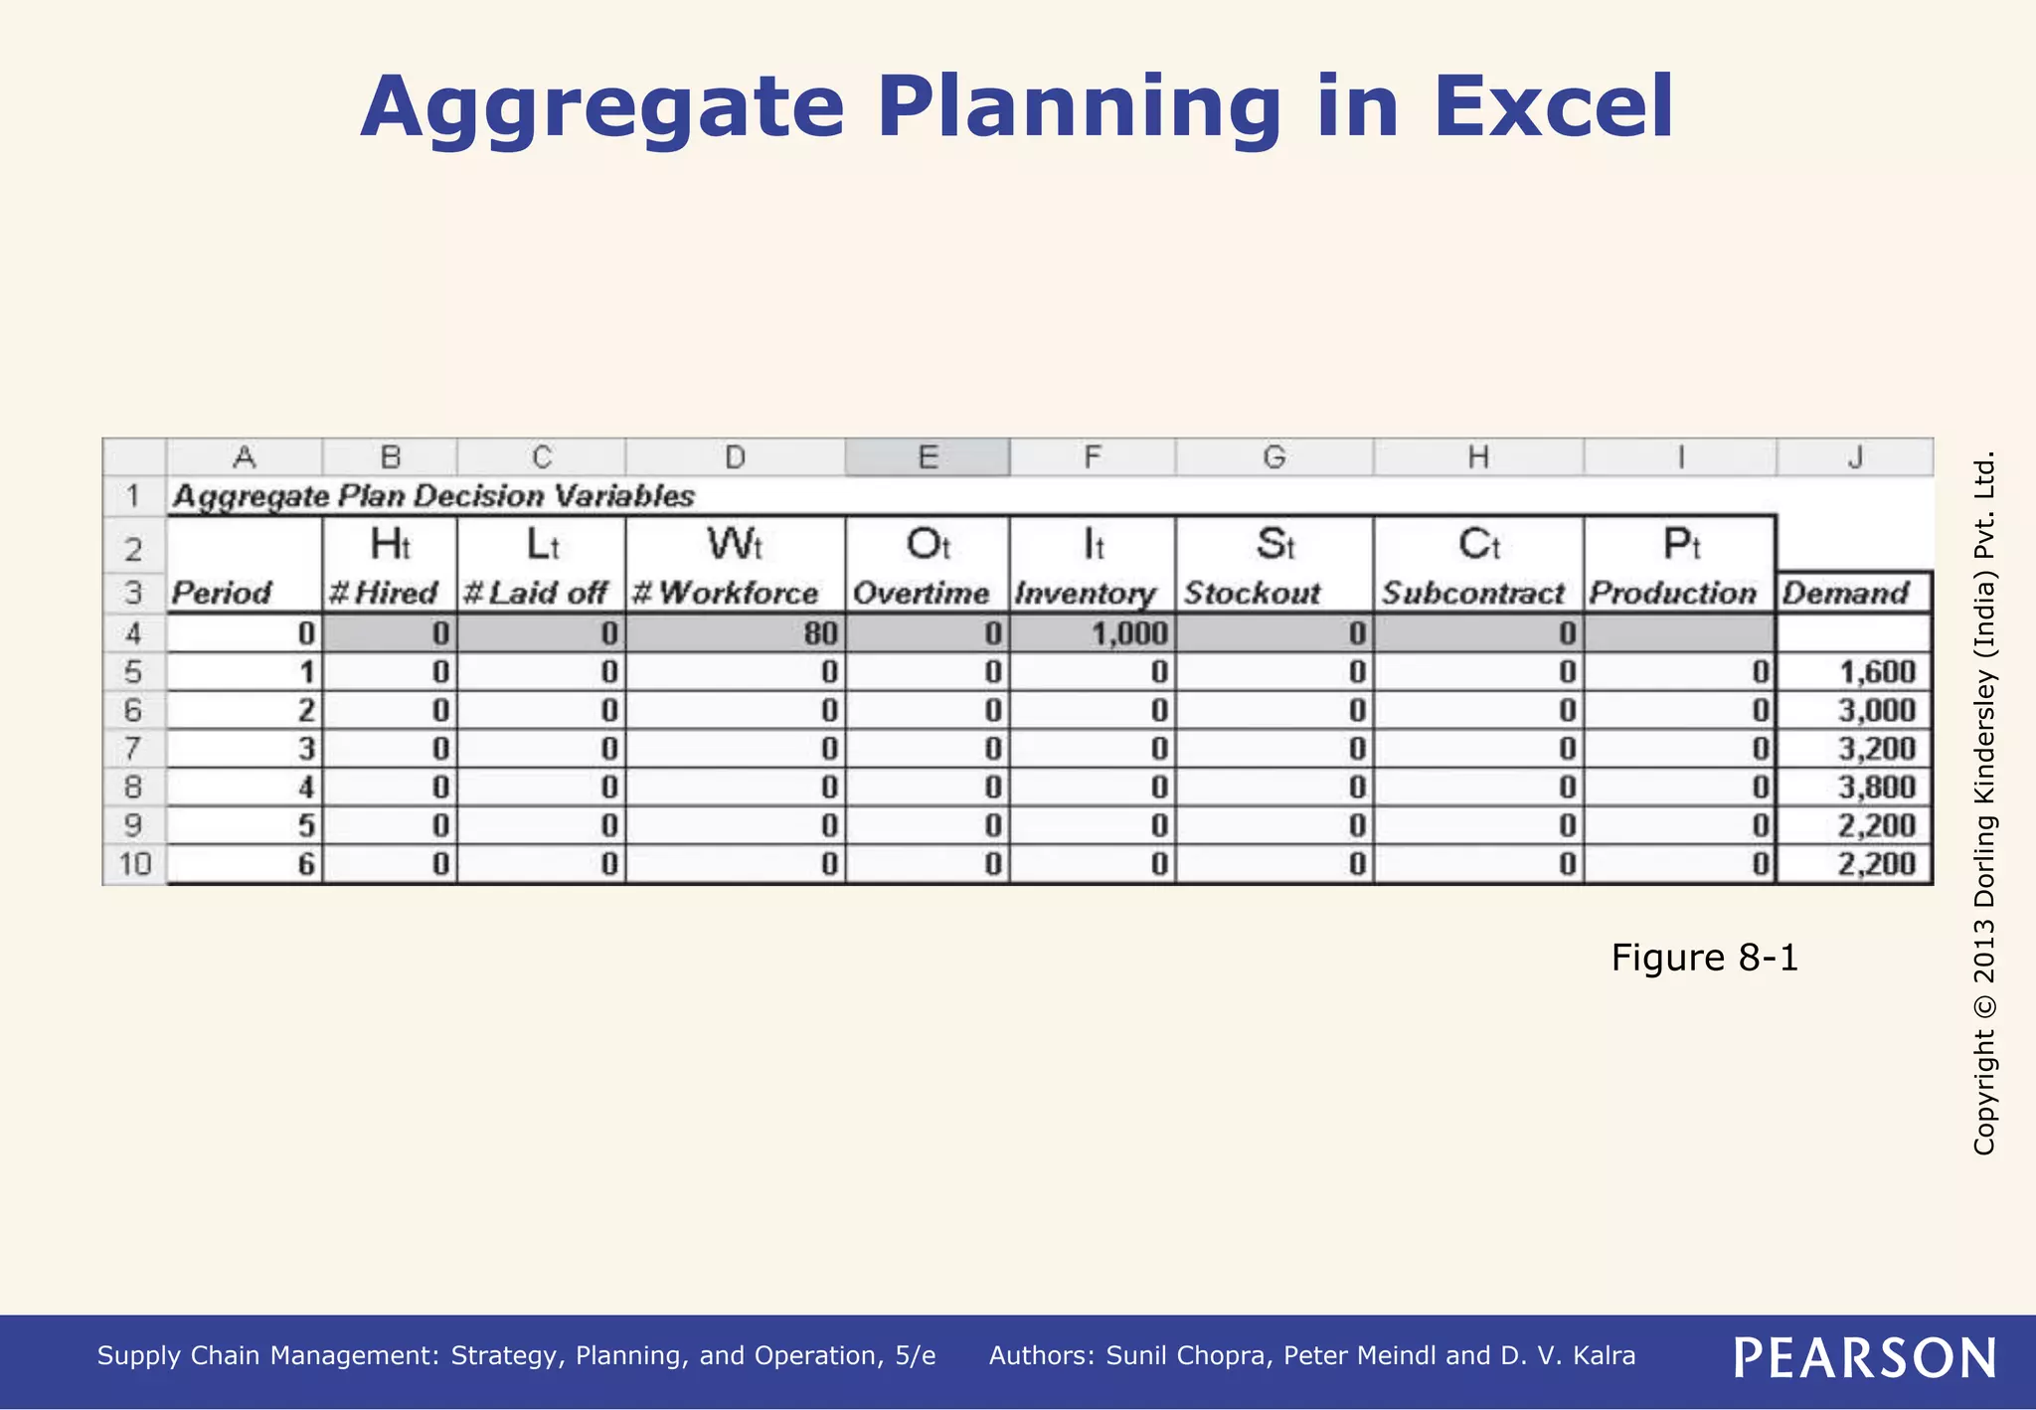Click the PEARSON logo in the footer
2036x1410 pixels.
click(1865, 1357)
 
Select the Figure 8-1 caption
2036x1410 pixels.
click(1704, 958)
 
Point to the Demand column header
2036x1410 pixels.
click(1845, 594)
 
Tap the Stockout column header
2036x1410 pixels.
click(1252, 594)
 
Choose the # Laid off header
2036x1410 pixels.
click(536, 594)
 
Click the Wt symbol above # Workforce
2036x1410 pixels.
click(734, 545)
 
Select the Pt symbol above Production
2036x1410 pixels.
click(1681, 545)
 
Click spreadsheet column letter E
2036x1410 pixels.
click(927, 457)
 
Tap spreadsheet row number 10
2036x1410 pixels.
click(134, 864)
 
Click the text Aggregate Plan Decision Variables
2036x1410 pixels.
click(432, 496)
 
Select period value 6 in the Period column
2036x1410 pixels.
click(306, 864)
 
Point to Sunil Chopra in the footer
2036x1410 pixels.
click(1187, 1356)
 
